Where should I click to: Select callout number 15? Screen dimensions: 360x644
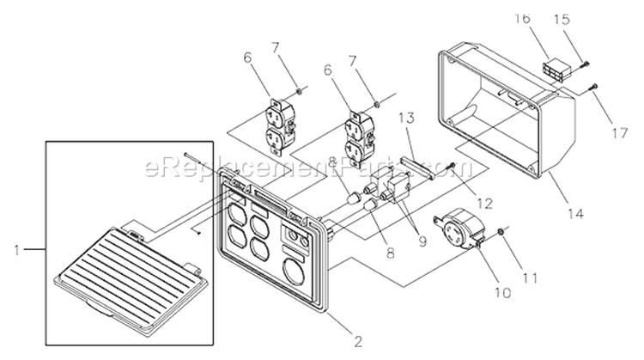click(x=563, y=20)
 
